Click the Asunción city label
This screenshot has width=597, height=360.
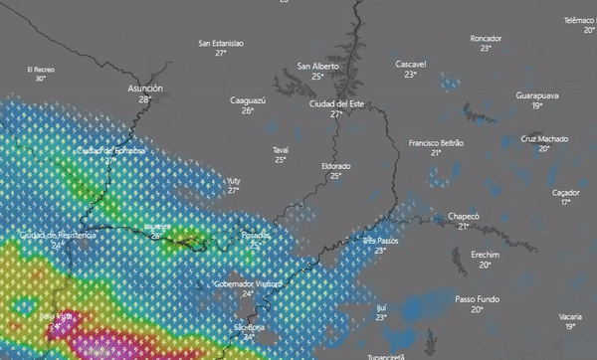tap(145, 89)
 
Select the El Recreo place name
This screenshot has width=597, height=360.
tap(41, 69)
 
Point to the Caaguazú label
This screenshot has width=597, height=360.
tap(248, 100)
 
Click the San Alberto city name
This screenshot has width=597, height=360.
tap(317, 66)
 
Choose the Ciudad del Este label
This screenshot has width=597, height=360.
tap(336, 103)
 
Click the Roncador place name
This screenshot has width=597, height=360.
tap(486, 38)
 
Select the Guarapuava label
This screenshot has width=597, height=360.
tap(537, 94)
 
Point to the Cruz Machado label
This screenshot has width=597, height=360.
tap(544, 138)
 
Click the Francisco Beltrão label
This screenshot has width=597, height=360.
tap(436, 143)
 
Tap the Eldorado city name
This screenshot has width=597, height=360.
tap(335, 165)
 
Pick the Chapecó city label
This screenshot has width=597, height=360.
tap(464, 216)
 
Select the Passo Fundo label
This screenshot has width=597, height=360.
tap(477, 298)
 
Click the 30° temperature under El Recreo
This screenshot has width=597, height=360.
tap(41, 79)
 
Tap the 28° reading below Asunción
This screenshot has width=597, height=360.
tap(145, 99)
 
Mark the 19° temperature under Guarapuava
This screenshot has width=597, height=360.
tap(537, 105)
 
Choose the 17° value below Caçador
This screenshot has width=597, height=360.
tap(566, 202)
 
